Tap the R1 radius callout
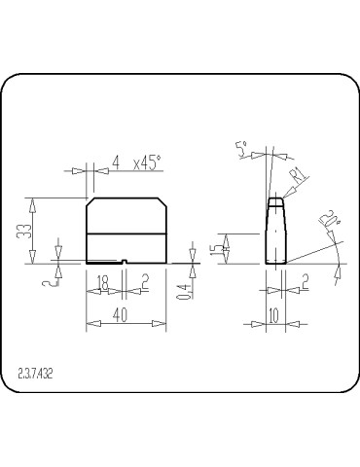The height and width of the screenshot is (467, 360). pos(298,174)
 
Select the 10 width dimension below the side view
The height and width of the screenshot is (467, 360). pos(272,315)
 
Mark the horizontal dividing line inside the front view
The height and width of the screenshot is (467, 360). pos(126,233)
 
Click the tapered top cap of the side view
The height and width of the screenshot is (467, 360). pos(276,203)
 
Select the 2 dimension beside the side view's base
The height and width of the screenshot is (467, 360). pos(304,281)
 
